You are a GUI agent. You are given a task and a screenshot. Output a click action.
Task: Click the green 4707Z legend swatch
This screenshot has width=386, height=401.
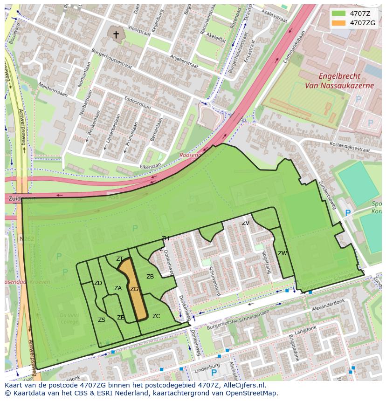(339, 13)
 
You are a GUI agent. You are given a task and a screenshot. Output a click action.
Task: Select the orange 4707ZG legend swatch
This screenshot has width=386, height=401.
(339, 23)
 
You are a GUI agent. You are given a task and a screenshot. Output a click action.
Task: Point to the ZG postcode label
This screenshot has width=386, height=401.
(134, 289)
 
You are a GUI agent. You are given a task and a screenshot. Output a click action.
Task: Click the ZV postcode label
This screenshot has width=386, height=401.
(246, 223)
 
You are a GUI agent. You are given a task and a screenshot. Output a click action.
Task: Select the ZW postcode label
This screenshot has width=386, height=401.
(282, 253)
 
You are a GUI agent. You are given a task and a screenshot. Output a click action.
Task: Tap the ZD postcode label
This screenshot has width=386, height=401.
(98, 283)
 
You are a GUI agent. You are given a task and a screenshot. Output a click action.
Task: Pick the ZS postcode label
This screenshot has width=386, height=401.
(102, 320)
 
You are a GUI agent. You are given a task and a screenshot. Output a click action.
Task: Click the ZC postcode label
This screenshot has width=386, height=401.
(156, 316)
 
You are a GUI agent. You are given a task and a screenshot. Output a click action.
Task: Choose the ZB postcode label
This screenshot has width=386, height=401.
(150, 277)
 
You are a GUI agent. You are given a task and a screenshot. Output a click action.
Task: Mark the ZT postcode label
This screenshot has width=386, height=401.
(120, 259)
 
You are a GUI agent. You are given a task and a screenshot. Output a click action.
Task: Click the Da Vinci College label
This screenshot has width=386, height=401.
(69, 319)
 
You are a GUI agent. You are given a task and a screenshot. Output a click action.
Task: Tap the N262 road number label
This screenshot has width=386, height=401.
(28, 239)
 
